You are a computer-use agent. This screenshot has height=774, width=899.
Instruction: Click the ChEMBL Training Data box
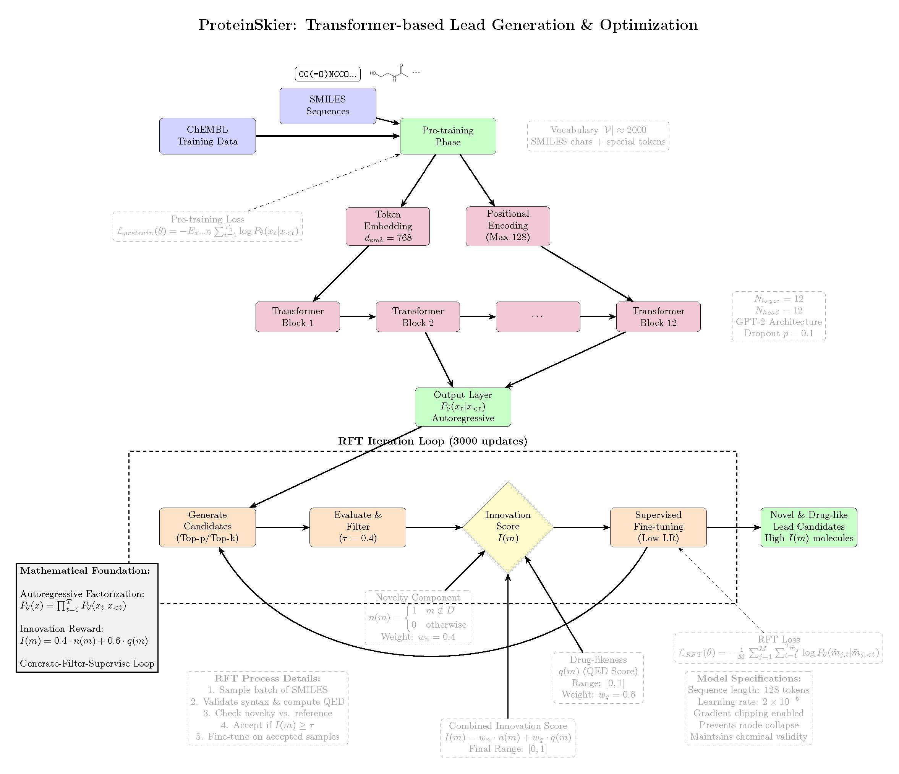click(207, 136)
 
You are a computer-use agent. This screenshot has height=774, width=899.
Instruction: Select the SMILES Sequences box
click(327, 105)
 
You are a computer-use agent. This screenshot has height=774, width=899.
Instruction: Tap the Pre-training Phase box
click(448, 136)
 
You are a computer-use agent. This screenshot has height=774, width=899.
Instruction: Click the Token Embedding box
click(387, 226)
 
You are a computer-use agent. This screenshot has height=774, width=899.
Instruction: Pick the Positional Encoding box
click(508, 226)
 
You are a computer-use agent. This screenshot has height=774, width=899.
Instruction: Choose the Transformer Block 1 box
click(298, 317)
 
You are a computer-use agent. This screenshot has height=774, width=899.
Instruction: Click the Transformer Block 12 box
click(658, 317)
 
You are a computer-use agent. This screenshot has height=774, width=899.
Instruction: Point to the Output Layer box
click(463, 407)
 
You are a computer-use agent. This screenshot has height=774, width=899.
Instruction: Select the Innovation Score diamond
click(508, 527)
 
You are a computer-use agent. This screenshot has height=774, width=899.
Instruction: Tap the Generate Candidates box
click(207, 527)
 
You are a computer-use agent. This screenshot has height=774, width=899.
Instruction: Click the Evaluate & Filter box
click(358, 527)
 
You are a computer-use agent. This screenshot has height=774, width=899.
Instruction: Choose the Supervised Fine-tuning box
click(658, 527)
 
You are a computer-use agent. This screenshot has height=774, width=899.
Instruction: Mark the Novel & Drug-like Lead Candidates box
click(809, 527)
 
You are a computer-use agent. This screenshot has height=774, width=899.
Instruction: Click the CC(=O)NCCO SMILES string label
click(327, 74)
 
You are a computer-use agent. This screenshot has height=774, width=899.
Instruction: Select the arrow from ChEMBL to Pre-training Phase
click(327, 136)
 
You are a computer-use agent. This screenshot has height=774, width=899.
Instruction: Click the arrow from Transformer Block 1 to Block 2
click(358, 317)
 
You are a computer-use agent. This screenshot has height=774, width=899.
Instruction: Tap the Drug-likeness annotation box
click(598, 678)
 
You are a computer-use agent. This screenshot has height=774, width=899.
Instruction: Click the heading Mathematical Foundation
click(85, 571)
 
